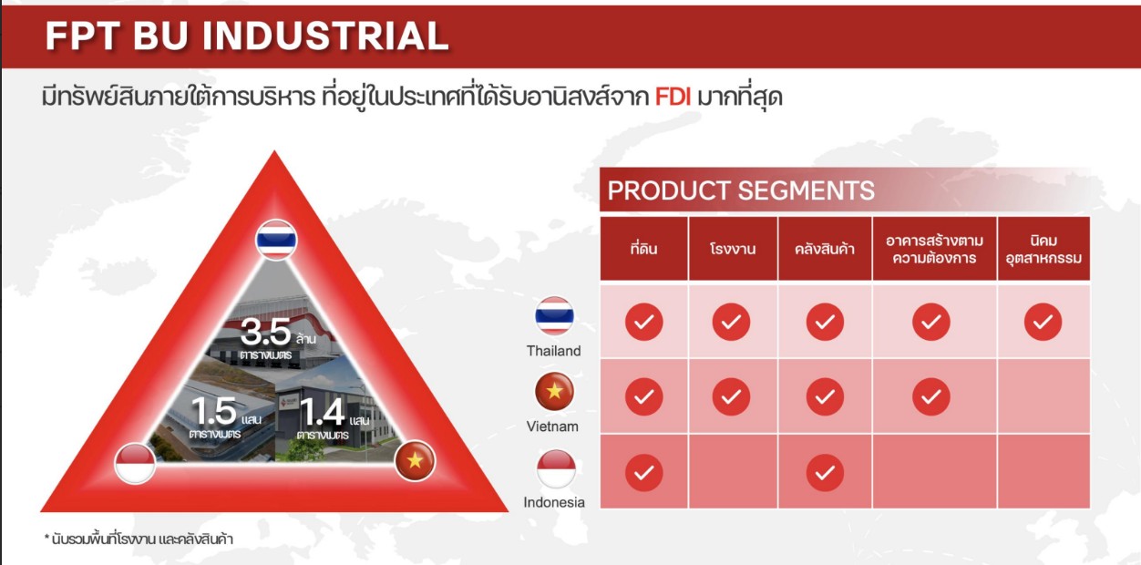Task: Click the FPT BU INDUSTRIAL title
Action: click(247, 36)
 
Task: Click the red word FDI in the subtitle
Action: click(673, 97)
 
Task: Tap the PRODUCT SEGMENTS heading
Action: click(741, 190)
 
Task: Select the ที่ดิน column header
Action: click(643, 249)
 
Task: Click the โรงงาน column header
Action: click(733, 249)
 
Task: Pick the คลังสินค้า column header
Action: click(825, 249)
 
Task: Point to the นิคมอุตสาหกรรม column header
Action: click(1043, 249)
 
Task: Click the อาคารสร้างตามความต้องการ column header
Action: click(934, 249)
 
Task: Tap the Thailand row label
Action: click(554, 351)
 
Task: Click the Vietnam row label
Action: click(552, 426)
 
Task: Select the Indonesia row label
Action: click(554, 502)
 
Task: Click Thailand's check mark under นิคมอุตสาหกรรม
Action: click(1043, 322)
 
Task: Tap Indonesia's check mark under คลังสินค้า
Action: click(825, 473)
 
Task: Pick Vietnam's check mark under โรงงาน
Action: click(731, 397)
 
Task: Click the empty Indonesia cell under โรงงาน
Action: click(733, 472)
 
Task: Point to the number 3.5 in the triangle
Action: click(265, 332)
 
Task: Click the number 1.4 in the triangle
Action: click(322, 412)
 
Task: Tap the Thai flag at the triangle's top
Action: click(276, 240)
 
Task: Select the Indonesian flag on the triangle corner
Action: click(135, 463)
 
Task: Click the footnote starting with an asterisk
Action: click(139, 539)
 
